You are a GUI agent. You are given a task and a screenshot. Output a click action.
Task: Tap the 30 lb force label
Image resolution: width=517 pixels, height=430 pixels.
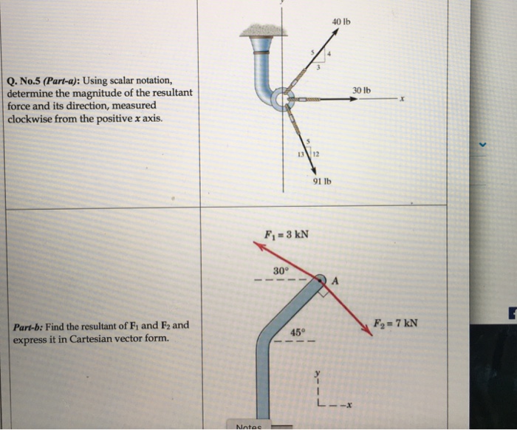[x=362, y=90]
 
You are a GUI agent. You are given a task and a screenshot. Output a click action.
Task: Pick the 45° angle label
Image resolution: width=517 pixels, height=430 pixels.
[x=296, y=332]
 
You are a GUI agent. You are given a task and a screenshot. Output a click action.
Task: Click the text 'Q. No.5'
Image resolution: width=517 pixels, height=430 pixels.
[x=24, y=81]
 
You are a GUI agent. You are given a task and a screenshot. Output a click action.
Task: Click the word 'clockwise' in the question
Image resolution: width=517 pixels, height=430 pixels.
[x=32, y=118]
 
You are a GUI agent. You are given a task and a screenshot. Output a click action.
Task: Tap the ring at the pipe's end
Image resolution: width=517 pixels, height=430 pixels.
[x=281, y=98]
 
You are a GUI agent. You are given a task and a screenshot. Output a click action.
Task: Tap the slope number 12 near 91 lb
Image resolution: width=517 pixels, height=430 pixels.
[x=315, y=153]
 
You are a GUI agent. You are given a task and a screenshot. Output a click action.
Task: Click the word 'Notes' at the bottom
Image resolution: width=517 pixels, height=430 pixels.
[x=249, y=426]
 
